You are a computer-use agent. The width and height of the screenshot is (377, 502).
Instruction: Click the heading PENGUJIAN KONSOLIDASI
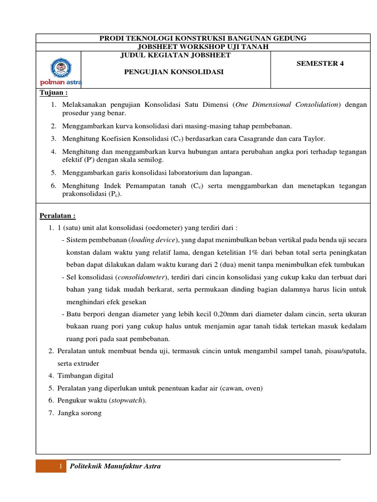click(x=173, y=72)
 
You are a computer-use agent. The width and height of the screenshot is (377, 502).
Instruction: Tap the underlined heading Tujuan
click(x=53, y=93)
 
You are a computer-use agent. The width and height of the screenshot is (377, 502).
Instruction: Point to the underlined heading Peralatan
click(x=57, y=216)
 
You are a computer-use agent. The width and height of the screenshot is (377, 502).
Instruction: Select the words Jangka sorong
click(x=80, y=413)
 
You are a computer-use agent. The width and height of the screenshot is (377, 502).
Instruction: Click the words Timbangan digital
click(x=85, y=376)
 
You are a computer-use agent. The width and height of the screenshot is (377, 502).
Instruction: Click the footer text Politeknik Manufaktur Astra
click(x=115, y=466)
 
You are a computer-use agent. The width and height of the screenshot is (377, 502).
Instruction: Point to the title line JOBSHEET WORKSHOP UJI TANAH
click(x=203, y=47)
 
